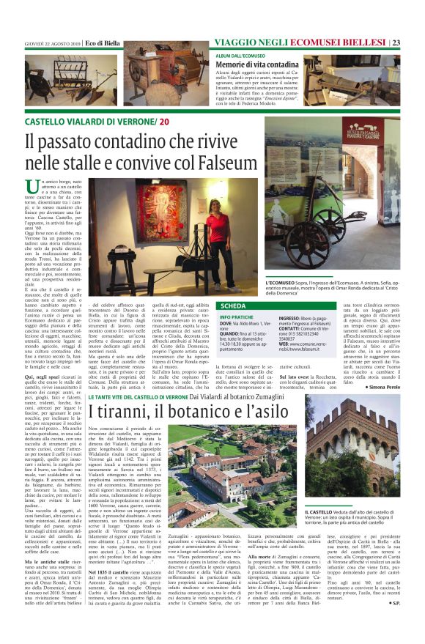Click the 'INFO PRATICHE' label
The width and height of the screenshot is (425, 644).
click(x=236, y=317)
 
